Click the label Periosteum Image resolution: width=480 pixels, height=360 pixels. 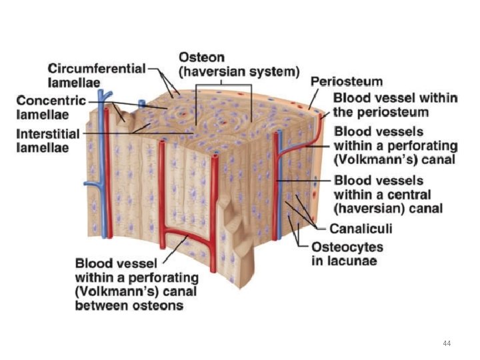click(x=347, y=81)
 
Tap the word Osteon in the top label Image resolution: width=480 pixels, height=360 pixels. click(x=201, y=57)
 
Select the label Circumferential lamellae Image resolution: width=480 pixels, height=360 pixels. click(x=97, y=75)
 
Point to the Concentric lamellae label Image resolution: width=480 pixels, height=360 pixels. click(x=51, y=107)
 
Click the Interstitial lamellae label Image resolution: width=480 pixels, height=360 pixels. click(x=48, y=140)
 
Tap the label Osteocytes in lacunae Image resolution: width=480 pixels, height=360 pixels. click(x=347, y=253)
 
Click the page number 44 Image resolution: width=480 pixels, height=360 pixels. click(x=447, y=343)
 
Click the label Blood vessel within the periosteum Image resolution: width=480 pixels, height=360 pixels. click(x=395, y=104)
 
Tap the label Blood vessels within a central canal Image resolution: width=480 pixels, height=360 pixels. click(x=388, y=194)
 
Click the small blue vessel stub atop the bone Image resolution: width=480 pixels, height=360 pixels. click(x=141, y=103)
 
